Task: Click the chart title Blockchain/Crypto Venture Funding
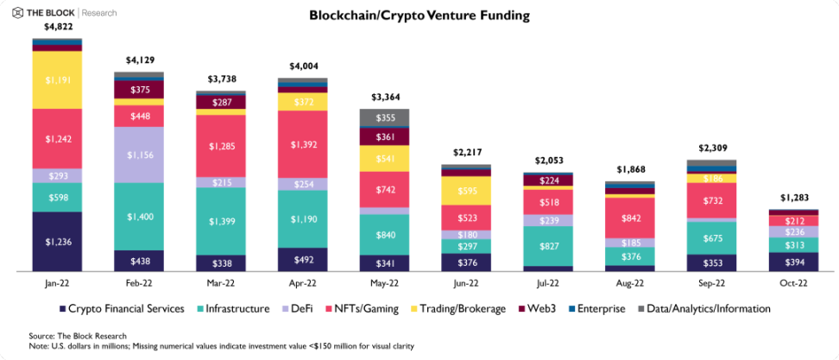[x=419, y=16]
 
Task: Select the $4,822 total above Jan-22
[x=57, y=28]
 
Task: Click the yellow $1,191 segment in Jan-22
[x=57, y=79]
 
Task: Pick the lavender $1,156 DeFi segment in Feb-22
[x=139, y=155]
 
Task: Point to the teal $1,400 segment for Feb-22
[x=139, y=216]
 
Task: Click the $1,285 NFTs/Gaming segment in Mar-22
[x=221, y=146]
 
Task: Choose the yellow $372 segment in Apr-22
[x=303, y=102]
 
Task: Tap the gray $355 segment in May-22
[x=384, y=118]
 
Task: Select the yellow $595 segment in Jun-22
[x=466, y=191]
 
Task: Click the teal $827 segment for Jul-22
[x=548, y=246]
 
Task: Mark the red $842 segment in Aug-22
[x=630, y=219]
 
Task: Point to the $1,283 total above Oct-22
[x=793, y=199]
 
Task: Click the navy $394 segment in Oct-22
[x=793, y=262]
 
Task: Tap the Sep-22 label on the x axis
[x=711, y=283]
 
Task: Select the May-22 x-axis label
[x=384, y=283]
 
